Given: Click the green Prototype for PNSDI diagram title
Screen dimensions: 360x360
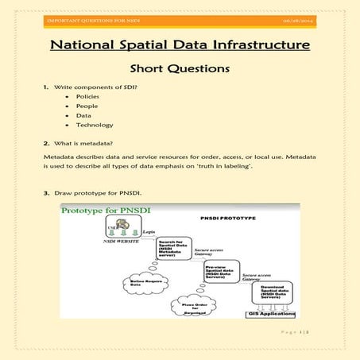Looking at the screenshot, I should (x=106, y=211).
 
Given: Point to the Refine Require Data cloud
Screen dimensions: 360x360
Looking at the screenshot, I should (x=140, y=282).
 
